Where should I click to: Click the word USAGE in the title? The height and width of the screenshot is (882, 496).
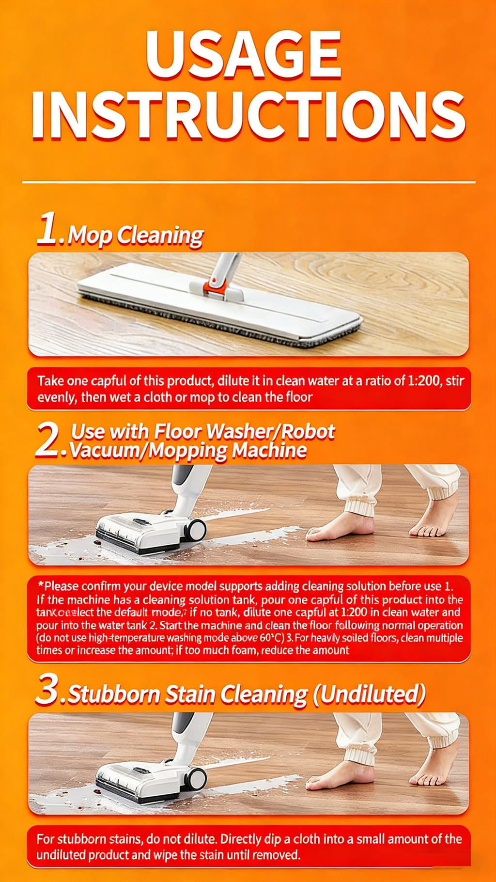[x=244, y=54]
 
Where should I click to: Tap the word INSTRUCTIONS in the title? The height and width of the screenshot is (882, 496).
[x=248, y=116]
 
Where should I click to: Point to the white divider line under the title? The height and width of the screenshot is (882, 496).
[x=248, y=183]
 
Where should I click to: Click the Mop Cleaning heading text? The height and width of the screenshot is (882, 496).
[x=135, y=236]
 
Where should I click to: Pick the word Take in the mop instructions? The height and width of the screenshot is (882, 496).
[x=50, y=381]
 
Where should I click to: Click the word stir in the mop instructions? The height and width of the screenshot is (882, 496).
[x=454, y=381]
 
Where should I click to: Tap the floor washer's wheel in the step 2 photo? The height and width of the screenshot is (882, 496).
[x=195, y=530]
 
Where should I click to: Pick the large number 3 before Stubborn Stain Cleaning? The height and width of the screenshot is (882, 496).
[x=47, y=690]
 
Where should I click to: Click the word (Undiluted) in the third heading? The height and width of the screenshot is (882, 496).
[x=369, y=694]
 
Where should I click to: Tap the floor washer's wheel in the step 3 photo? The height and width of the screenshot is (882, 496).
[x=195, y=778]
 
